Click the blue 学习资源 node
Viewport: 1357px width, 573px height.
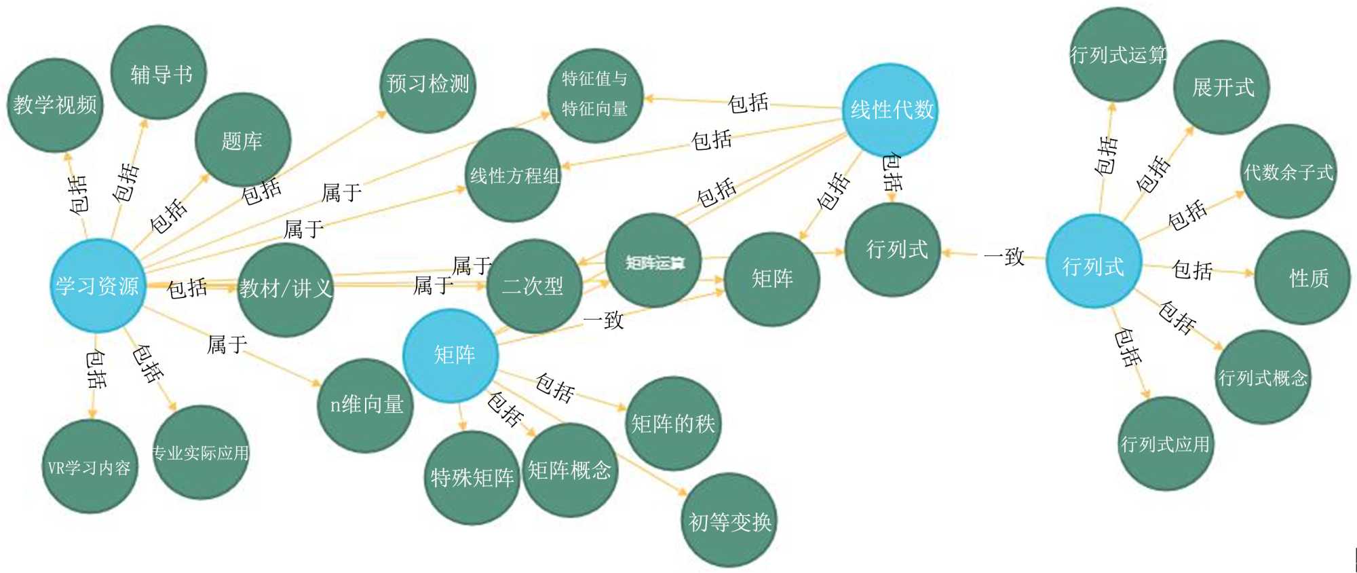(98, 286)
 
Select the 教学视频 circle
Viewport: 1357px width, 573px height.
(55, 105)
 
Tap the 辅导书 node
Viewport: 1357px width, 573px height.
(159, 73)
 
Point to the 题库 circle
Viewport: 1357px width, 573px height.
(242, 141)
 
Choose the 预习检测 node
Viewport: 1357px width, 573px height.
(427, 85)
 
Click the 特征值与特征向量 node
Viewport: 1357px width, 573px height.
(594, 94)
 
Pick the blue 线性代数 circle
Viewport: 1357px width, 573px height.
(892, 109)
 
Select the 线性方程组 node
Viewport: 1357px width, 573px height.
(514, 176)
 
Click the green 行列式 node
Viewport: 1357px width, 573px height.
(895, 250)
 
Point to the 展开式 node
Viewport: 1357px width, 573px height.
(1222, 88)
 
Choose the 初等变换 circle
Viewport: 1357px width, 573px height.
(729, 521)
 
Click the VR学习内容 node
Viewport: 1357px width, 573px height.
(90, 467)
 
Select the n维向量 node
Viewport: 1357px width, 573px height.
(366, 405)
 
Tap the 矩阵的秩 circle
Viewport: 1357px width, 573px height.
(672, 424)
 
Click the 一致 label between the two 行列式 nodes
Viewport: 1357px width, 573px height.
(1005, 256)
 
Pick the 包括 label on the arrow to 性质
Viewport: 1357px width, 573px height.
(1192, 270)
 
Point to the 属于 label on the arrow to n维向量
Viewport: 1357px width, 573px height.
(227, 344)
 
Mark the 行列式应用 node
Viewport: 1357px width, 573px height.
(1164, 444)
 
